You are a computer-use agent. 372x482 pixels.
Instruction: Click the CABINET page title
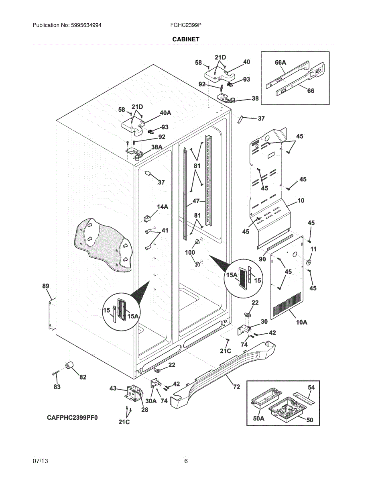click(x=186, y=39)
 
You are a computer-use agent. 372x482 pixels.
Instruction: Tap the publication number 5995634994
click(x=86, y=25)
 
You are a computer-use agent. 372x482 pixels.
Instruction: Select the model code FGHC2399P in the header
click(x=186, y=25)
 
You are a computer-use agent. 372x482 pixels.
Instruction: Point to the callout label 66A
click(x=280, y=63)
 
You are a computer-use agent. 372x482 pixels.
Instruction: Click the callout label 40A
click(x=165, y=113)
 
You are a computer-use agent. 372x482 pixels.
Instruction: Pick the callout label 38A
click(x=157, y=147)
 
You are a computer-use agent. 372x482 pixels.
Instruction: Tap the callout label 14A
click(x=163, y=207)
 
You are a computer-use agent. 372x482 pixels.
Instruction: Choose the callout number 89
click(x=46, y=286)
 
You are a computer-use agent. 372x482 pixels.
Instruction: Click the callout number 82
click(x=83, y=377)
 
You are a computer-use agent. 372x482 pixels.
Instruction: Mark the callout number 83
click(x=57, y=387)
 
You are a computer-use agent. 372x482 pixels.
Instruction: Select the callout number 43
click(x=113, y=388)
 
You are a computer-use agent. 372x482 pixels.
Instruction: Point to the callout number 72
click(x=237, y=387)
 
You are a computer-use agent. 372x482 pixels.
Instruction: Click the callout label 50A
click(x=259, y=419)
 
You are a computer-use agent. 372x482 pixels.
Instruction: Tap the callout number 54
click(x=311, y=387)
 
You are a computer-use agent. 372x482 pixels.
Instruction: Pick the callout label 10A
click(x=302, y=322)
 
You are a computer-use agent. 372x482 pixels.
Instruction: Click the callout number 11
click(x=313, y=249)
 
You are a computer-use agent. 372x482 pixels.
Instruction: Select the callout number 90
click(x=262, y=259)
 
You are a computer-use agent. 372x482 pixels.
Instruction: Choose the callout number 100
click(x=190, y=252)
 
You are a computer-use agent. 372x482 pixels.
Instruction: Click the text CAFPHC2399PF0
click(x=72, y=418)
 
